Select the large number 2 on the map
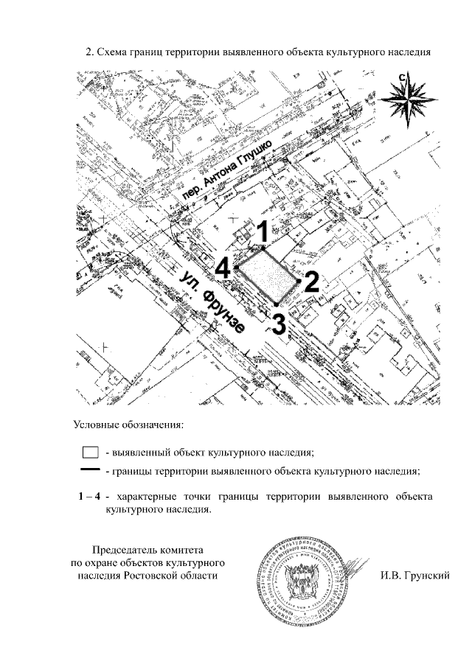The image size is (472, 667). (311, 282)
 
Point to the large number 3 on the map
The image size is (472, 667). (279, 323)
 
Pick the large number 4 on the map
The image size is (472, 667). (224, 267)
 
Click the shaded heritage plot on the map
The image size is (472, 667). (267, 274)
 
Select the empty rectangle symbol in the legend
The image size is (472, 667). (90, 452)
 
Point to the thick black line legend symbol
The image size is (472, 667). (90, 469)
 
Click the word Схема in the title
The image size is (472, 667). (115, 52)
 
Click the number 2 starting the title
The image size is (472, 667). (88, 52)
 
